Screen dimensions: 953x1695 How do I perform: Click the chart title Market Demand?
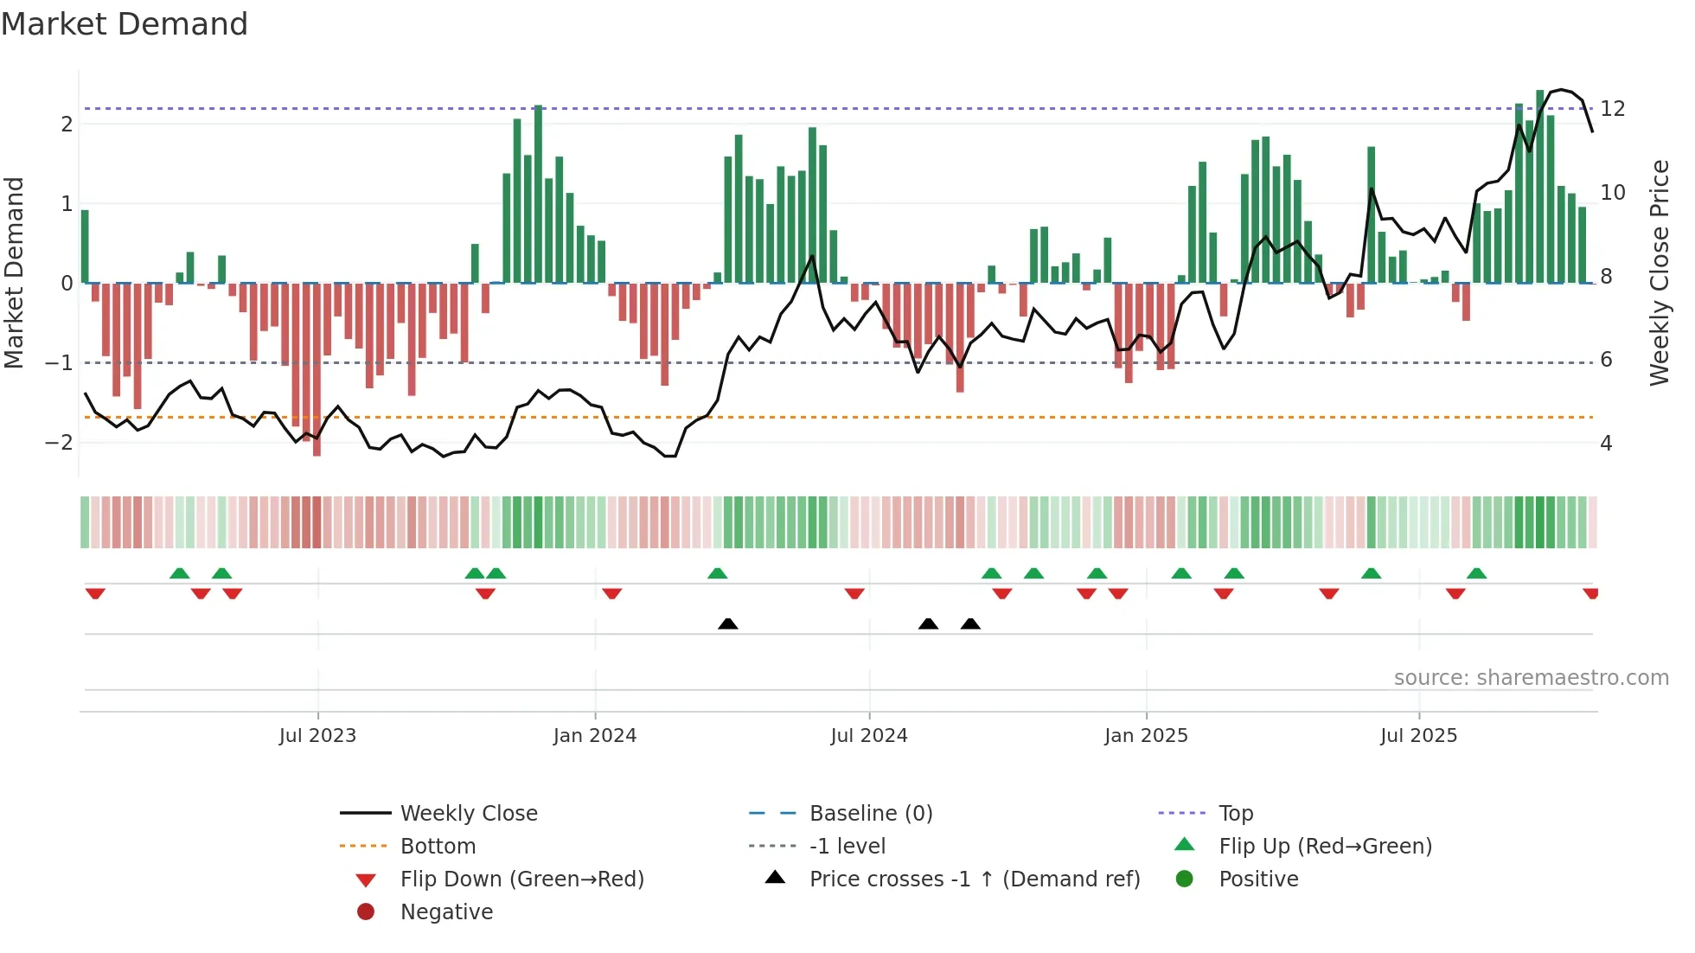click(125, 24)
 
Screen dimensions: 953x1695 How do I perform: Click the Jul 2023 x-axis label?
click(317, 736)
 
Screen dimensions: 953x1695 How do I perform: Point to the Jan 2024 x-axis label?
click(595, 736)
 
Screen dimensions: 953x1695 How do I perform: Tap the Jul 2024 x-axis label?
click(869, 736)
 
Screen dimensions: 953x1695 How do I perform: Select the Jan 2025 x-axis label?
click(1146, 736)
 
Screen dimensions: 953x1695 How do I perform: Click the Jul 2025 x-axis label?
click(1419, 736)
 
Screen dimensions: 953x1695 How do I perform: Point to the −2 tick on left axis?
click(59, 443)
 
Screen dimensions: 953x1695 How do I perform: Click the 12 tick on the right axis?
click(1613, 109)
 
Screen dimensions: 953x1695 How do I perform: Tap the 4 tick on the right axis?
click(1606, 444)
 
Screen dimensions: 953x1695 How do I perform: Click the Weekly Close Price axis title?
click(1659, 272)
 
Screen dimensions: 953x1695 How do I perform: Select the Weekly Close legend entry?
click(468, 814)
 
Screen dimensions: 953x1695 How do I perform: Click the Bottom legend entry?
click(438, 847)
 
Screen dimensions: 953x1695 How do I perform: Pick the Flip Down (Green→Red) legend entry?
click(521, 879)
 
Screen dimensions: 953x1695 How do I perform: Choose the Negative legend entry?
click(446, 912)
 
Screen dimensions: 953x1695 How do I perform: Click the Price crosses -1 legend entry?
click(974, 879)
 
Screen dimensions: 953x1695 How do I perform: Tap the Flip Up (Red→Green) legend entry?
click(1325, 847)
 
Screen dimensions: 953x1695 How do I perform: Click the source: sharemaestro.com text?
click(1531, 678)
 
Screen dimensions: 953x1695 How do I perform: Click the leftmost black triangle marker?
click(728, 624)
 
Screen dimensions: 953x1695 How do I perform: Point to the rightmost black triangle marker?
click(970, 624)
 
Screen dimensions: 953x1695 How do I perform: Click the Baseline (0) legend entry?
click(870, 814)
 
